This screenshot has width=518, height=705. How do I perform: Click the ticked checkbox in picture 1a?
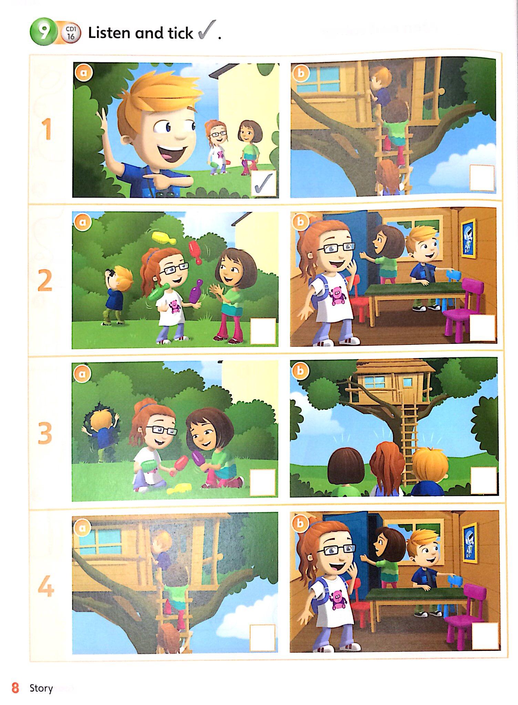(264, 184)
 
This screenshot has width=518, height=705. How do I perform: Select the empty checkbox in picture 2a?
(263, 331)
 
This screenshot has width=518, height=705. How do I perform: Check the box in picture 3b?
(484, 481)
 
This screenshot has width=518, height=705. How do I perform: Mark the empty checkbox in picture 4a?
(262, 637)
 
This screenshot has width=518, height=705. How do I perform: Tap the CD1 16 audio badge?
(71, 33)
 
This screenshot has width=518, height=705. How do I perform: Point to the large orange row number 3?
(45, 433)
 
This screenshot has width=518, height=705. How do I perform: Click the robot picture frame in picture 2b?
(469, 238)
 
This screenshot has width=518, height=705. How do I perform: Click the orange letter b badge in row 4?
(300, 523)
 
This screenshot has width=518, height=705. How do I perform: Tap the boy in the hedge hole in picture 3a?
(101, 432)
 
